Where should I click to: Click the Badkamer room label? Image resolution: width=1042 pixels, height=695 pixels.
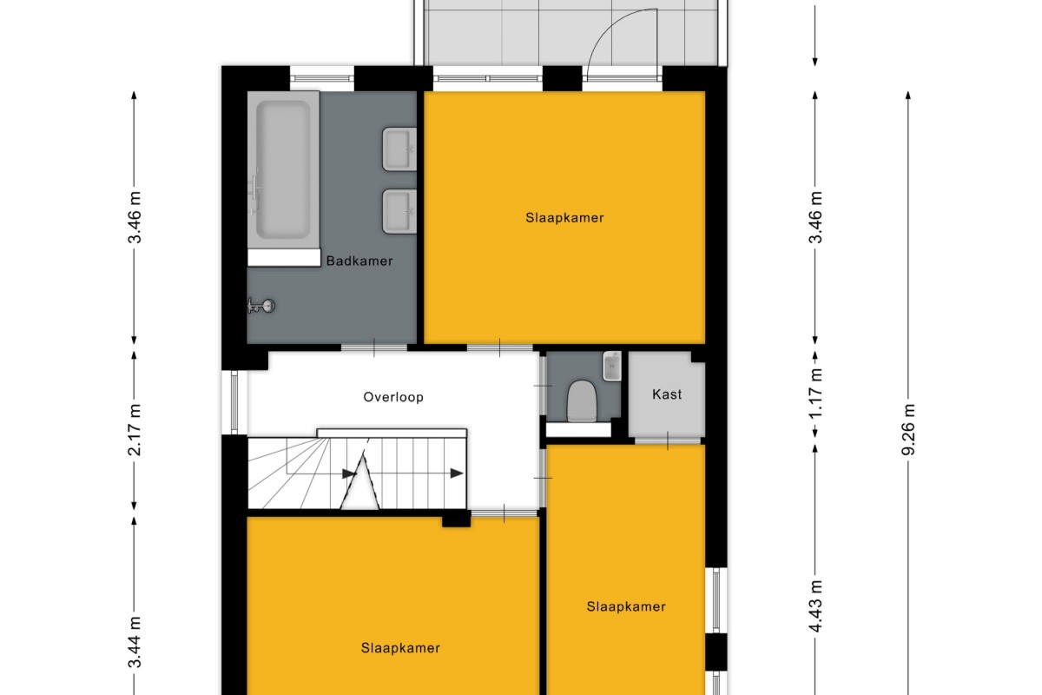[x=359, y=261]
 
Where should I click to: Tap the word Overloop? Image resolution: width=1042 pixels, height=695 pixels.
[x=393, y=397]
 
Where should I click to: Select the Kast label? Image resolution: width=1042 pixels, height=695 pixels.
[x=667, y=394]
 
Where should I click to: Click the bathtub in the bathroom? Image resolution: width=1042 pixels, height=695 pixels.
[x=283, y=170]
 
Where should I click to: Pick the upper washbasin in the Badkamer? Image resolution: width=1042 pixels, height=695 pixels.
[x=399, y=149]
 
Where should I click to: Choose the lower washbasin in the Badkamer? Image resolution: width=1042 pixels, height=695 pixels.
[x=399, y=211]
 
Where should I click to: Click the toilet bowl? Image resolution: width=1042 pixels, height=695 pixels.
[x=582, y=401]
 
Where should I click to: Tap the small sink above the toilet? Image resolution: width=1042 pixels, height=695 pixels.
[x=611, y=366]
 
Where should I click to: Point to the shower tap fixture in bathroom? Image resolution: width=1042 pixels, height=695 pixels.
[x=261, y=306]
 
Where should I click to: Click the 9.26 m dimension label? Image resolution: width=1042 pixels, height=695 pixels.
[x=908, y=430]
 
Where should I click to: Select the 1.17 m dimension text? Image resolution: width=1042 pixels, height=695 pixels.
[x=815, y=394]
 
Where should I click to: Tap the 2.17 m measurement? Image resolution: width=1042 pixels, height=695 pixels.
[x=135, y=430]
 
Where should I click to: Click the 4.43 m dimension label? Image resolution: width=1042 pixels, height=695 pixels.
[x=815, y=606]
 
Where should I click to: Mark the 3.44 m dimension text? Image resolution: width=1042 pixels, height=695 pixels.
[x=135, y=642]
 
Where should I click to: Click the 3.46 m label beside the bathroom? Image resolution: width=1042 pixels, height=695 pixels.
[x=135, y=217]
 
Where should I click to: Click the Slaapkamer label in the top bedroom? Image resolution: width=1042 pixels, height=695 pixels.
[x=564, y=218]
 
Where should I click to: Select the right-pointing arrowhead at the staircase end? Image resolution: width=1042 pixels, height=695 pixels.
[x=457, y=473]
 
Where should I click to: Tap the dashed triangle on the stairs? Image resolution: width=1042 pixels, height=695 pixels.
[x=359, y=482]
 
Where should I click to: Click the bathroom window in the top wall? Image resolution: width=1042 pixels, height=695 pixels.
[x=322, y=78]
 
